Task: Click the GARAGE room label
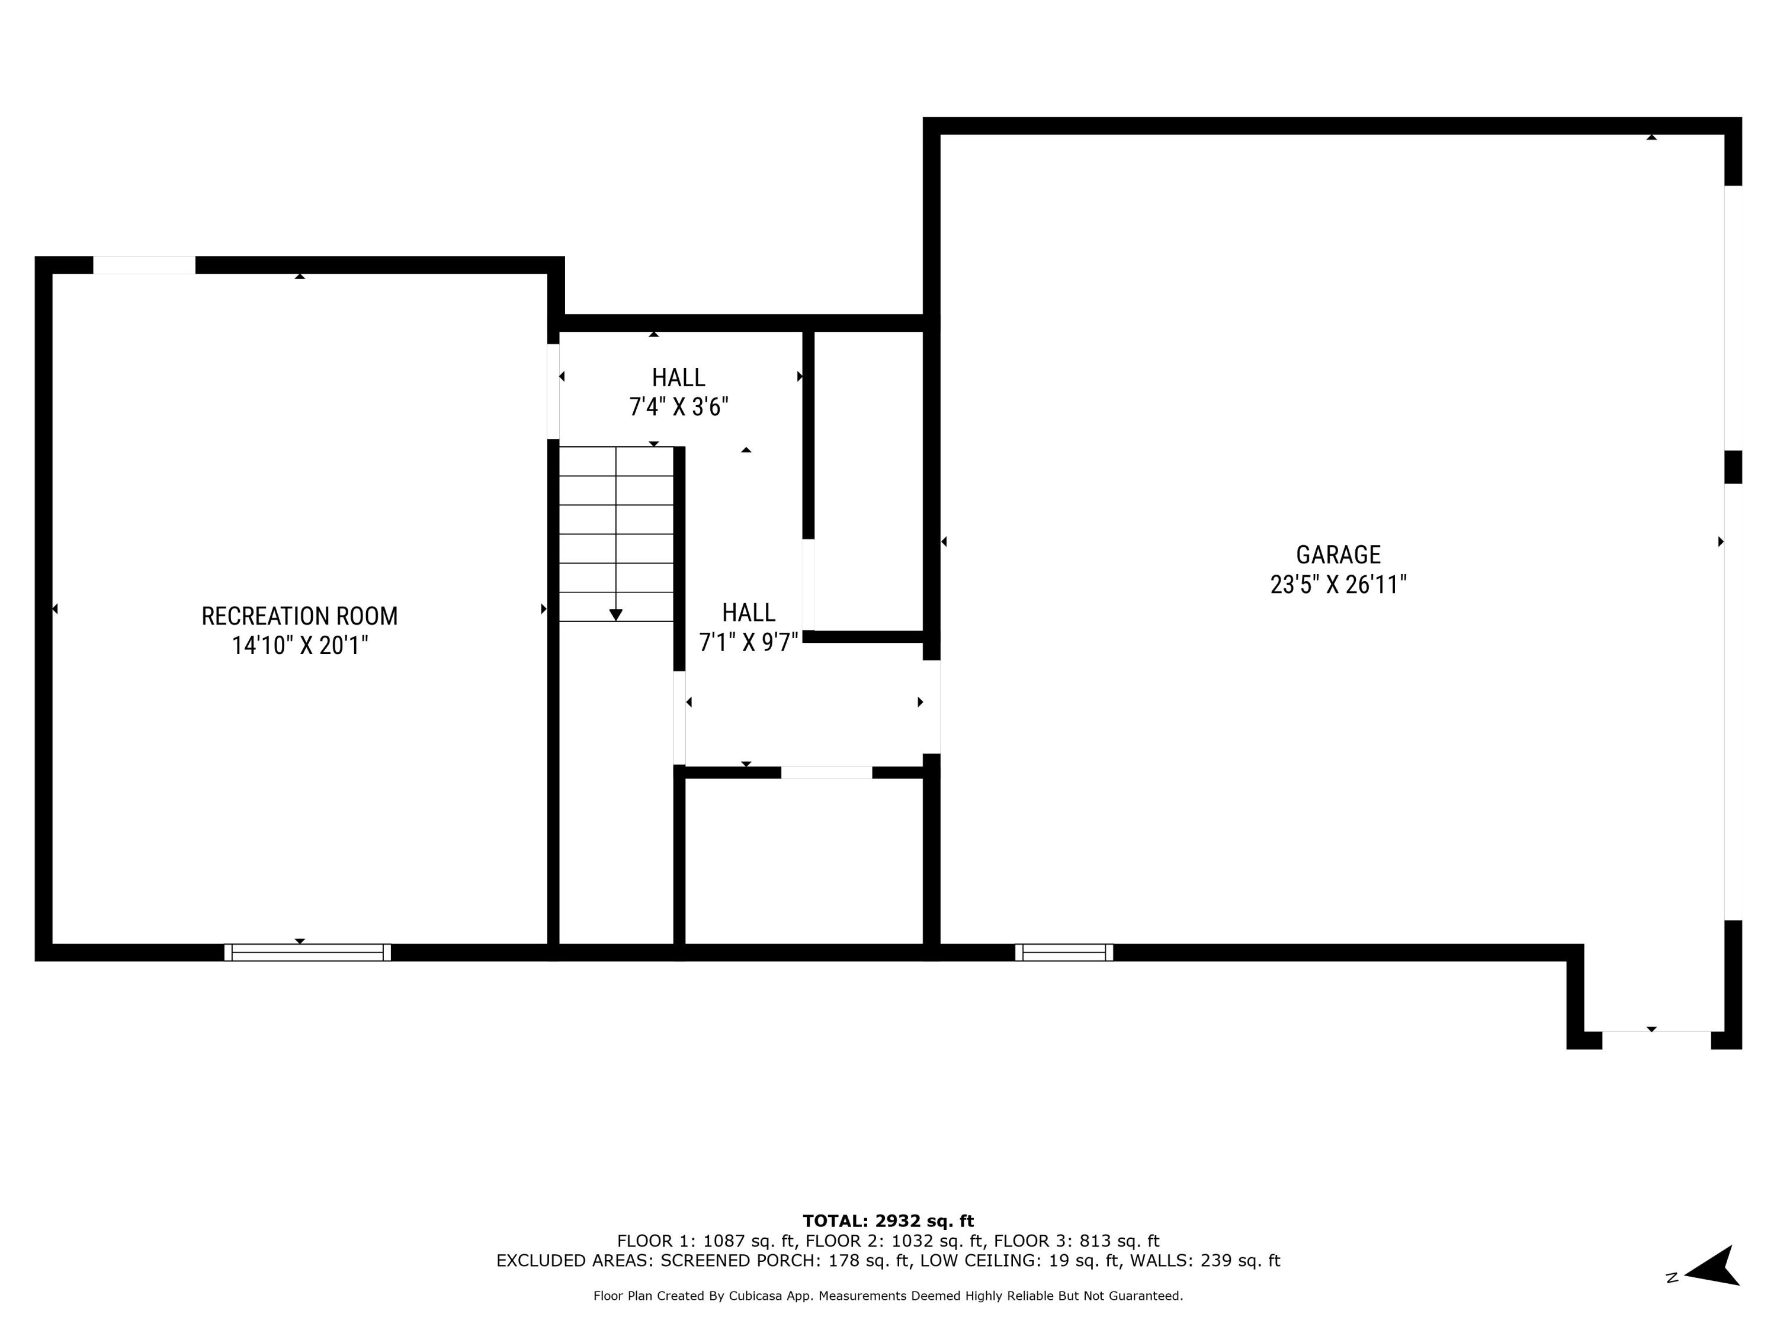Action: (x=1337, y=555)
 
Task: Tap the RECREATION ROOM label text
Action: (x=299, y=616)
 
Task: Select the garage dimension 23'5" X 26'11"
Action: (x=1337, y=584)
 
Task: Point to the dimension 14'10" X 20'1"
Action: (x=299, y=645)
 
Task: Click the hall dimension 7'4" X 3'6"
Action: (x=678, y=406)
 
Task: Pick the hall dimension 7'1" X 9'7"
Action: (x=748, y=642)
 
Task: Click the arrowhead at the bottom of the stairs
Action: (x=615, y=615)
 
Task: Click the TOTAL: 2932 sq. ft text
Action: (x=888, y=1221)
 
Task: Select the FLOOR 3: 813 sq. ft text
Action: (x=1076, y=1241)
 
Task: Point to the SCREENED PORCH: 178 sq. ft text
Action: (x=785, y=1261)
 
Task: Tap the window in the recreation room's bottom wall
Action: (x=307, y=952)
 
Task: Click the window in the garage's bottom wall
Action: (x=1064, y=952)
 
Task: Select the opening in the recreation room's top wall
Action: (x=144, y=265)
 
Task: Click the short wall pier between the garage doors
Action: (x=1733, y=467)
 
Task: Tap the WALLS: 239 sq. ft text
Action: (x=1204, y=1261)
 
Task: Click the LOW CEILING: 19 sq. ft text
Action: (x=1019, y=1261)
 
